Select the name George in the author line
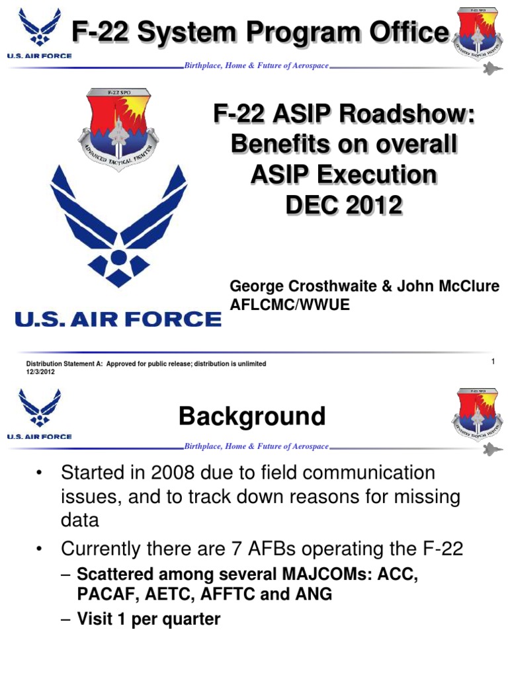coord(253,286)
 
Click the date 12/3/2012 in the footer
coord(40,372)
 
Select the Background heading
coord(252,417)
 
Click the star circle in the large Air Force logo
coord(118,257)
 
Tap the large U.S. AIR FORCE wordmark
coord(118,320)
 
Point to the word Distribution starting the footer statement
coord(46,364)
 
